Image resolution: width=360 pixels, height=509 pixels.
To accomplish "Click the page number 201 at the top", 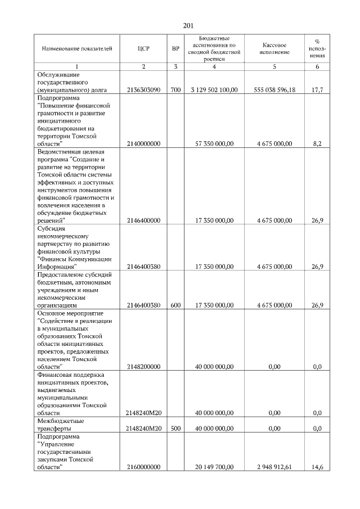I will (x=188, y=25).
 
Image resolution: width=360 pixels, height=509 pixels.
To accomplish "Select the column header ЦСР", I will (x=143, y=49).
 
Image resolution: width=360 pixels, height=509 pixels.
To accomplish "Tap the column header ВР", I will (x=175, y=49).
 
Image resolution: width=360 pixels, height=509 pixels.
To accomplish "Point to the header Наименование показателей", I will (x=73, y=49).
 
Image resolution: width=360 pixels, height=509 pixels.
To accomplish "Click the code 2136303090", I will (x=144, y=89).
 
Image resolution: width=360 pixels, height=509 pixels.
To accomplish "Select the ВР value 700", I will (x=175, y=89).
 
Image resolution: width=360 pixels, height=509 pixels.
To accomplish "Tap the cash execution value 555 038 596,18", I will (x=274, y=89).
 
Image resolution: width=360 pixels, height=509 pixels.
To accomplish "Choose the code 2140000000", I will (x=144, y=144).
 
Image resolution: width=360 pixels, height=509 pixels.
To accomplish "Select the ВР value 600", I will (x=175, y=305).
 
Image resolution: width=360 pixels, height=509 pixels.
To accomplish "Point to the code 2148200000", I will (x=144, y=367).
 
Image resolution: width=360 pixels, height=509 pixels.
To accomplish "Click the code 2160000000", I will (x=144, y=467).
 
